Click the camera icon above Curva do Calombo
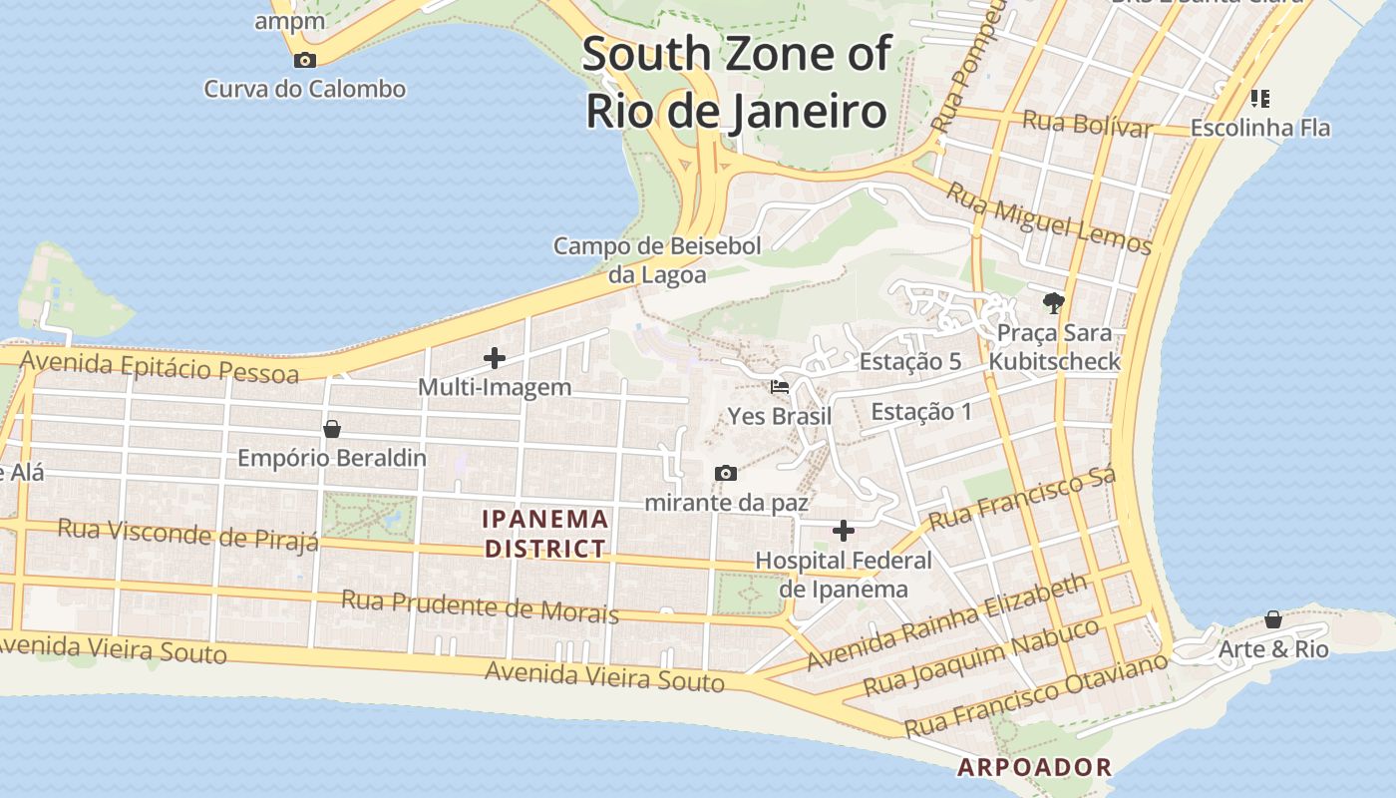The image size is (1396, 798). [305, 60]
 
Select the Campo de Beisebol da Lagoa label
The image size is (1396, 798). [658, 260]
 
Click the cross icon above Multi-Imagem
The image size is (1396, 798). [494, 357]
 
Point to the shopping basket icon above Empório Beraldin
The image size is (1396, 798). [332, 429]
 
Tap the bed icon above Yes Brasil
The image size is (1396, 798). [780, 386]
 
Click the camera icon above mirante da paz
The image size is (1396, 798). [726, 473]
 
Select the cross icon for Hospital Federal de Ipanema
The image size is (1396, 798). [844, 530]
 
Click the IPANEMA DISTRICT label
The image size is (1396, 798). [544, 533]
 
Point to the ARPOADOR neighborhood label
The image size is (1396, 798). [1034, 767]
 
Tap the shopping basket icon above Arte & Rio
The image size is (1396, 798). [1273, 619]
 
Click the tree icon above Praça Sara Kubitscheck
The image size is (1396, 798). [1054, 302]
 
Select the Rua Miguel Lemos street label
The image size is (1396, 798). [1048, 218]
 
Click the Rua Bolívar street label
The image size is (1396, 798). [1087, 125]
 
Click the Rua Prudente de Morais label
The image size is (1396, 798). [480, 605]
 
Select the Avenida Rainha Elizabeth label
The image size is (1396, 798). [946, 621]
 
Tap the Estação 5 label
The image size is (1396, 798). [909, 361]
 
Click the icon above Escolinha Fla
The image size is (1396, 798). [1259, 98]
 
